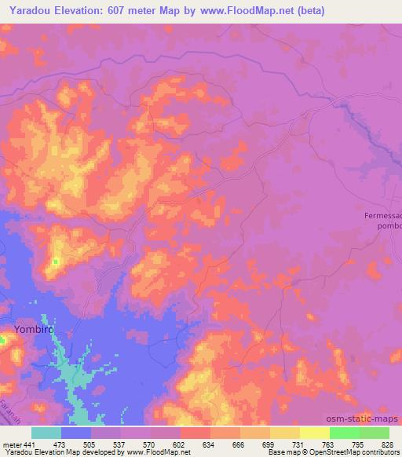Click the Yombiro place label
coord(35,331)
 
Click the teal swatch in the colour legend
coord(46,433)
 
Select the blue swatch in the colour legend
coord(76,433)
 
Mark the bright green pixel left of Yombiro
coord(2,339)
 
